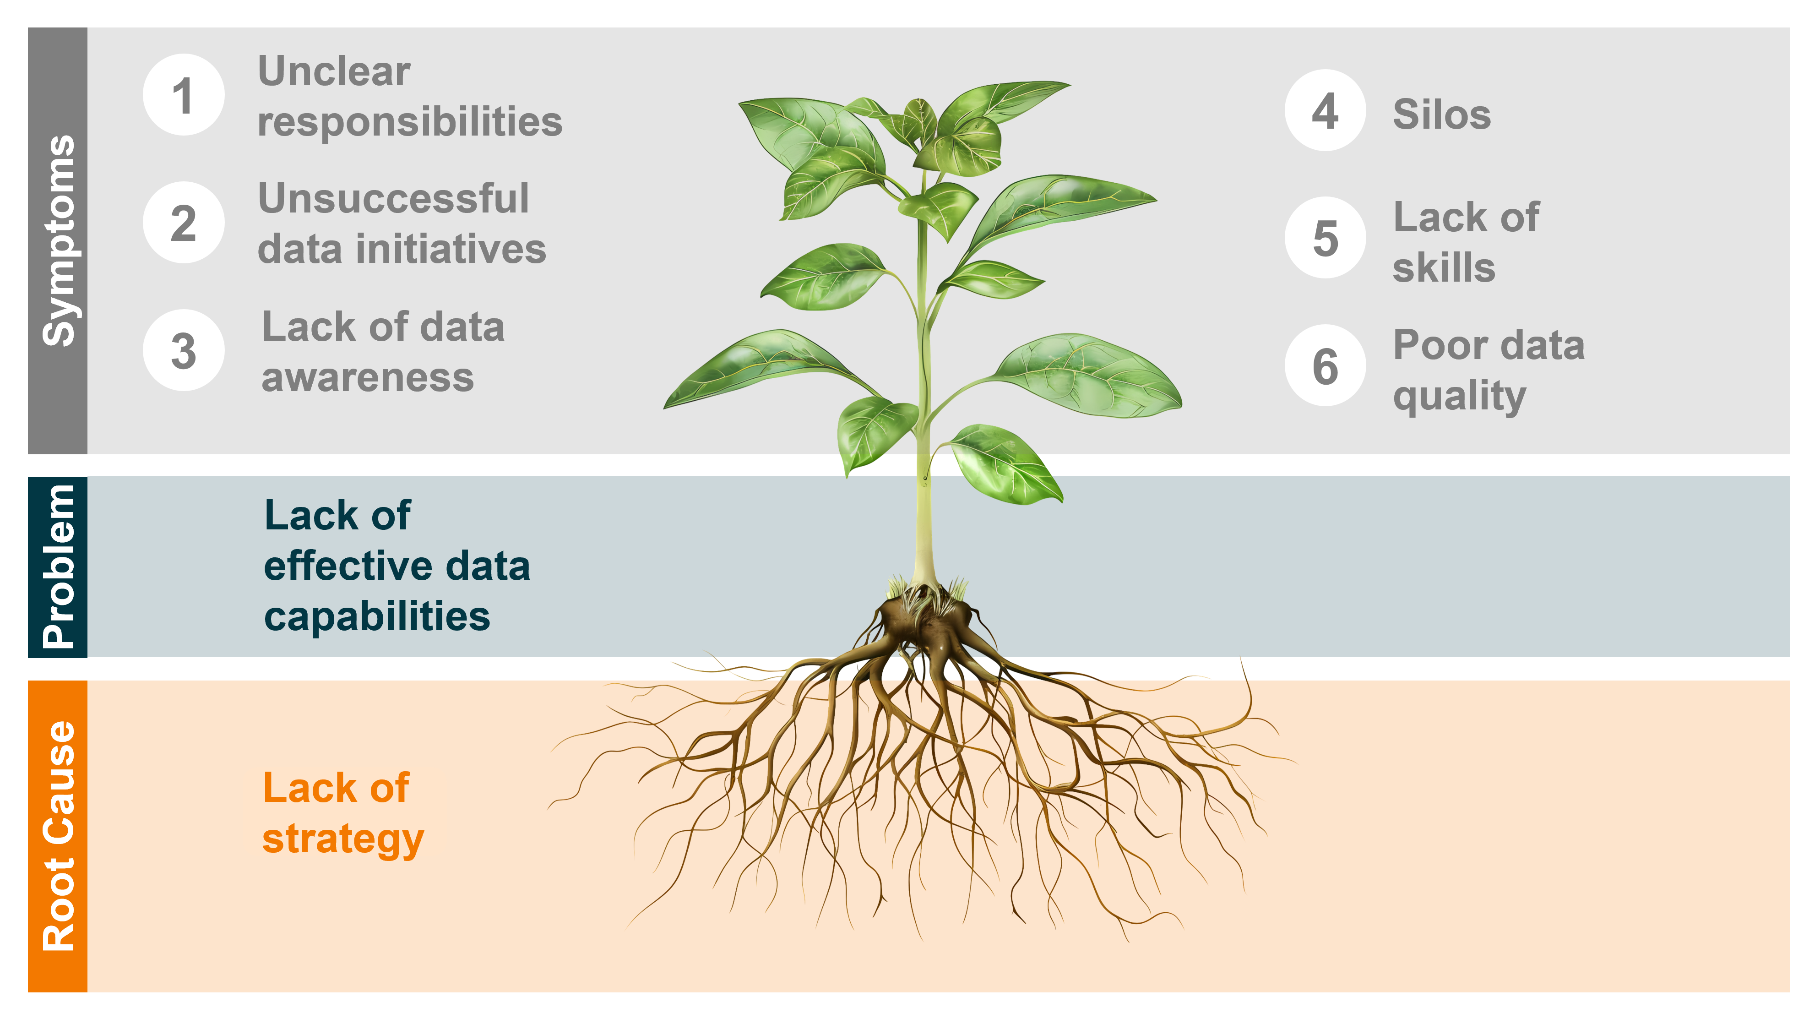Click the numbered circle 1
click(x=184, y=95)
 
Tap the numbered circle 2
click(x=184, y=223)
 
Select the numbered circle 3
click(x=184, y=350)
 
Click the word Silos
click(x=1441, y=114)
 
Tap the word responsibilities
click(x=410, y=121)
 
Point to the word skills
click(x=1444, y=268)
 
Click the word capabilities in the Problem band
click(x=376, y=616)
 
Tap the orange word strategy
click(x=342, y=839)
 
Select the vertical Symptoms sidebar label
click(x=58, y=240)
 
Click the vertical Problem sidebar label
click(x=58, y=567)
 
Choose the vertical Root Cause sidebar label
click(x=58, y=836)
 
